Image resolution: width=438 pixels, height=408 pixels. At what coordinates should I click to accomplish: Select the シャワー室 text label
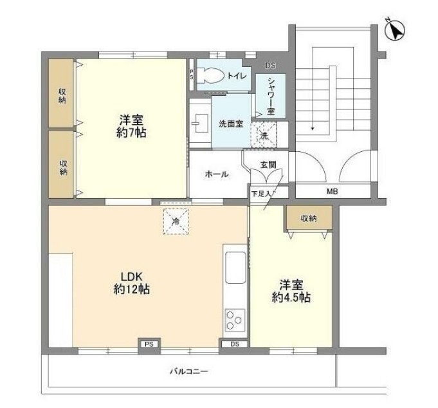[x=271, y=97]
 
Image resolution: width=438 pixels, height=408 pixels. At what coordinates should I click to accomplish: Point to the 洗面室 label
[x=230, y=124]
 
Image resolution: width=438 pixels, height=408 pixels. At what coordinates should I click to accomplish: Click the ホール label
[x=216, y=174]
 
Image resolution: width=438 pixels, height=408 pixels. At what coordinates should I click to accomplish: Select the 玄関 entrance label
[x=268, y=165]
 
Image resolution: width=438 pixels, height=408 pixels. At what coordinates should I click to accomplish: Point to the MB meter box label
[x=332, y=192]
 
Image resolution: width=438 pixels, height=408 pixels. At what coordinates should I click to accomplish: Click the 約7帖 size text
[x=131, y=133]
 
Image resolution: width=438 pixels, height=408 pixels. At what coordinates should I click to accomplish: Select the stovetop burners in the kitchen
[x=234, y=319]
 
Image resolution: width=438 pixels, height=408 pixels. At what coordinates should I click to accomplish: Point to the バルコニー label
[x=188, y=371]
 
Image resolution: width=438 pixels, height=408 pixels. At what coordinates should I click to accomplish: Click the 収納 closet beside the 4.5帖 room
[x=309, y=218]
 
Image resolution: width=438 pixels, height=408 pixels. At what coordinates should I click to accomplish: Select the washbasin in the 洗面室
[x=198, y=122]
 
